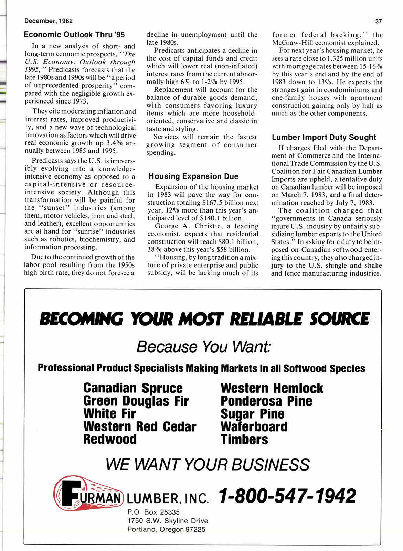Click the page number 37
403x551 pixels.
(379, 21)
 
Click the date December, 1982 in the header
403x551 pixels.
(48, 21)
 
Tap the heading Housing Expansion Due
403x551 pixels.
(193, 176)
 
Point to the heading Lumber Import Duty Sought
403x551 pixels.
(324, 137)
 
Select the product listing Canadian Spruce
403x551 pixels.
(133, 388)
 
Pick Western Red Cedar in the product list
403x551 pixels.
(140, 426)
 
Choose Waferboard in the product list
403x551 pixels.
(254, 426)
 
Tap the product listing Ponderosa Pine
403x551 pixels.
(266, 401)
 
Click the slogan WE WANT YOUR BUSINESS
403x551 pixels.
(208, 464)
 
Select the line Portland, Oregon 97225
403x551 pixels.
(166, 529)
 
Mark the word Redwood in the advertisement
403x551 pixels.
(110, 439)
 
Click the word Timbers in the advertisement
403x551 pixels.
(244, 439)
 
